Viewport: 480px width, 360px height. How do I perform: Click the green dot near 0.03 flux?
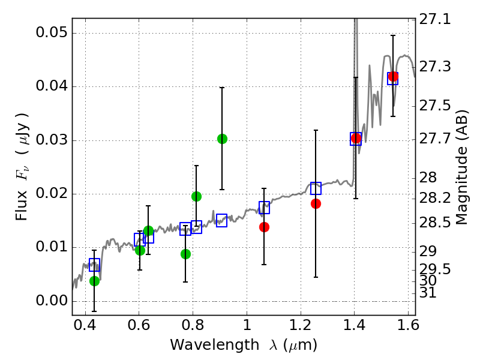pos(222,139)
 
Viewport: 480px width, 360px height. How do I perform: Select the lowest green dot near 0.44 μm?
pos(95,281)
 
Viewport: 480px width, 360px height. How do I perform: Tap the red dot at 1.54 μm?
pos(393,77)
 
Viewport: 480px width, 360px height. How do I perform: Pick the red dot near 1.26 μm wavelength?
pos(316,203)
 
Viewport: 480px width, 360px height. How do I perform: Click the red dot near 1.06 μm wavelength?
pos(264,227)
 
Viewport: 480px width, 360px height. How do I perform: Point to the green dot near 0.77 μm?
pos(185,254)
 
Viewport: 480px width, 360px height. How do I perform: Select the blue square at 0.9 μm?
pos(221,220)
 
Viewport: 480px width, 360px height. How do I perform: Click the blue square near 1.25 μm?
pos(316,188)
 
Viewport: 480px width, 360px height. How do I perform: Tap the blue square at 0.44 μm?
pos(95,265)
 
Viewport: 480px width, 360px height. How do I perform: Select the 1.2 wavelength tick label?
pos(301,325)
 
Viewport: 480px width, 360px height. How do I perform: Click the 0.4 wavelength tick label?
pos(85,325)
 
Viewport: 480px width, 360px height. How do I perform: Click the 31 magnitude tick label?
pos(428,293)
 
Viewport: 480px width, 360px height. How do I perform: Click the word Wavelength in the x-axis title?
pos(215,345)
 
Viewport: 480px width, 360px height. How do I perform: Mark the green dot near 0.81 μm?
pos(197,196)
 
